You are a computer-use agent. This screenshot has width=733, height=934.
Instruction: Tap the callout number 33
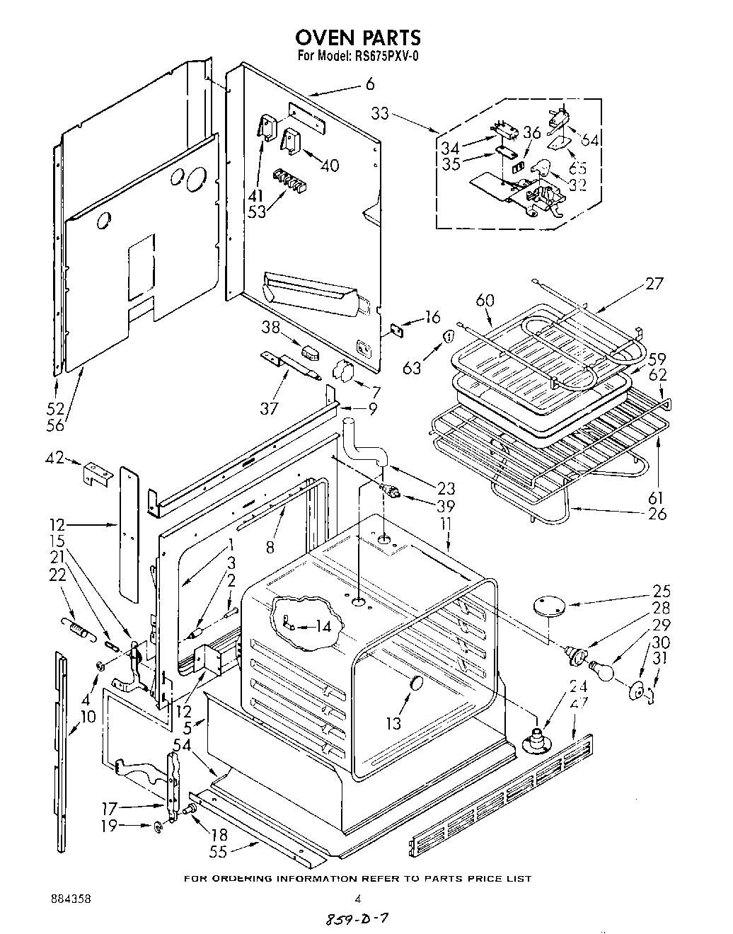coord(380,113)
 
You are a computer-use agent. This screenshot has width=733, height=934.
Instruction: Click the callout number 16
coord(432,317)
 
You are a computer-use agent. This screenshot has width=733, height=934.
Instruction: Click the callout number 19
coord(108,825)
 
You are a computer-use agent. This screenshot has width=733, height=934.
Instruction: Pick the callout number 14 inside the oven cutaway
coord(323,625)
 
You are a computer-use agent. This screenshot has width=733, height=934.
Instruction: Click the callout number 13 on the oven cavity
coord(393,722)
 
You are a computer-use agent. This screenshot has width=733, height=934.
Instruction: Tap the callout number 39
coord(446,507)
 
